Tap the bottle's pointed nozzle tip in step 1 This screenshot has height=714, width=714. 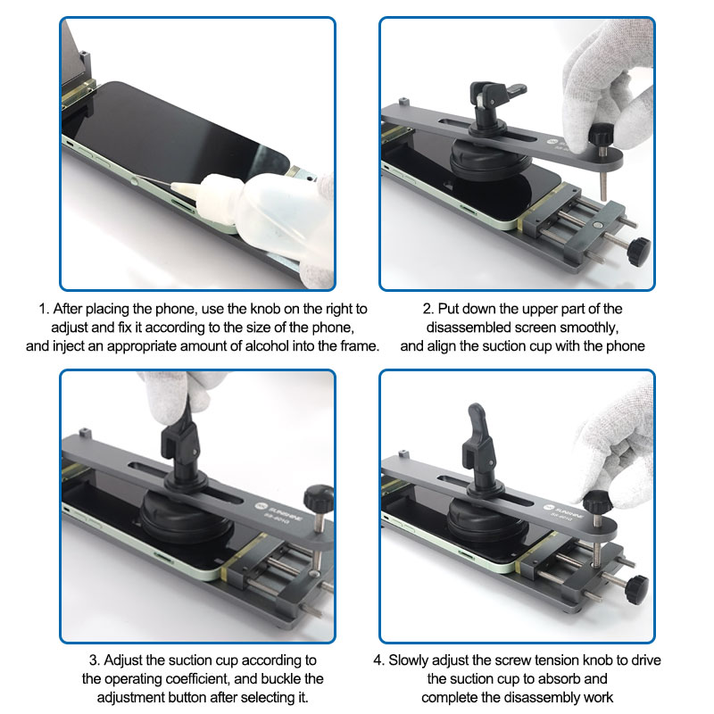coord(172,185)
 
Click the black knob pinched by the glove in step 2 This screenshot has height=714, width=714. coord(601,133)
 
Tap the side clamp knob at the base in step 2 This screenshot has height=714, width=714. coord(638,252)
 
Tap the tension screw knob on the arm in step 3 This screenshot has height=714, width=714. coord(319,498)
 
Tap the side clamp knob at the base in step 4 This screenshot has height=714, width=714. coord(636,590)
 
